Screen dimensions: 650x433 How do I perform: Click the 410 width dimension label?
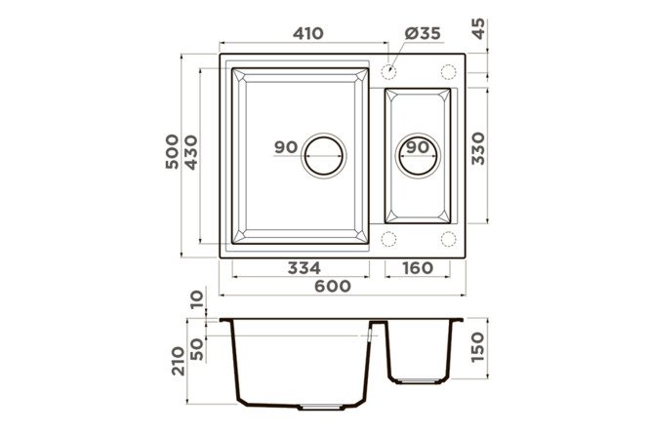[x=308, y=33]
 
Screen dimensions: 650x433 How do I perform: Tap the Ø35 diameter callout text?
[x=423, y=33]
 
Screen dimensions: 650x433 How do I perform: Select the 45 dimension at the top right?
[x=478, y=28]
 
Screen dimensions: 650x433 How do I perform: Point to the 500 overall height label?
[x=172, y=152]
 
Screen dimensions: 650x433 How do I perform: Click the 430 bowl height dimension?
[x=191, y=152]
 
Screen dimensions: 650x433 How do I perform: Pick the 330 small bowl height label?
[x=478, y=148]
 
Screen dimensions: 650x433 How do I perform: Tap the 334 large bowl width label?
[x=304, y=268]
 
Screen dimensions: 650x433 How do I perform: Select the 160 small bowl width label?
[x=418, y=268]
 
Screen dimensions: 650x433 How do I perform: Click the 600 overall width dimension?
[x=333, y=286]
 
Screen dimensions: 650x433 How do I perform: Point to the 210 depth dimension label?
[x=179, y=361]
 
